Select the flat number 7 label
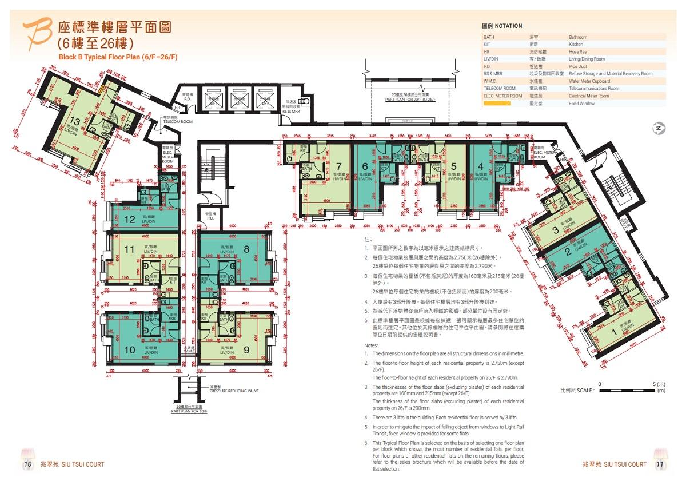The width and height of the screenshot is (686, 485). [x=339, y=166]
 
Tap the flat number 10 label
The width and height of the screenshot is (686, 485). [x=130, y=349]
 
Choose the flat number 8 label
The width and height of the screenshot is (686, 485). [x=246, y=249]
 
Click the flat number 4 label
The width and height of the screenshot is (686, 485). [x=480, y=166]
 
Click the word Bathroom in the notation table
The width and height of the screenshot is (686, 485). [x=577, y=37]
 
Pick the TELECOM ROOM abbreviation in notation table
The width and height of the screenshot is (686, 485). [x=500, y=89]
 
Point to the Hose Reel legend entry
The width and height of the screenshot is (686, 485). [x=577, y=52]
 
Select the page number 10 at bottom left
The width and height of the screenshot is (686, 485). [x=27, y=464]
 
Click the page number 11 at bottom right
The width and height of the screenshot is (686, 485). [x=659, y=464]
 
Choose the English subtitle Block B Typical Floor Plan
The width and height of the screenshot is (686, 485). [x=118, y=57]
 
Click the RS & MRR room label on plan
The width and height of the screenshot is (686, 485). [x=291, y=111]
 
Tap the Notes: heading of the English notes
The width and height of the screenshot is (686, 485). [x=371, y=346]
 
